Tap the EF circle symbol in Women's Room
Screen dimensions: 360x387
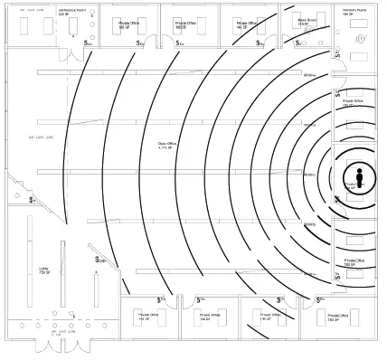coord(360,41)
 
